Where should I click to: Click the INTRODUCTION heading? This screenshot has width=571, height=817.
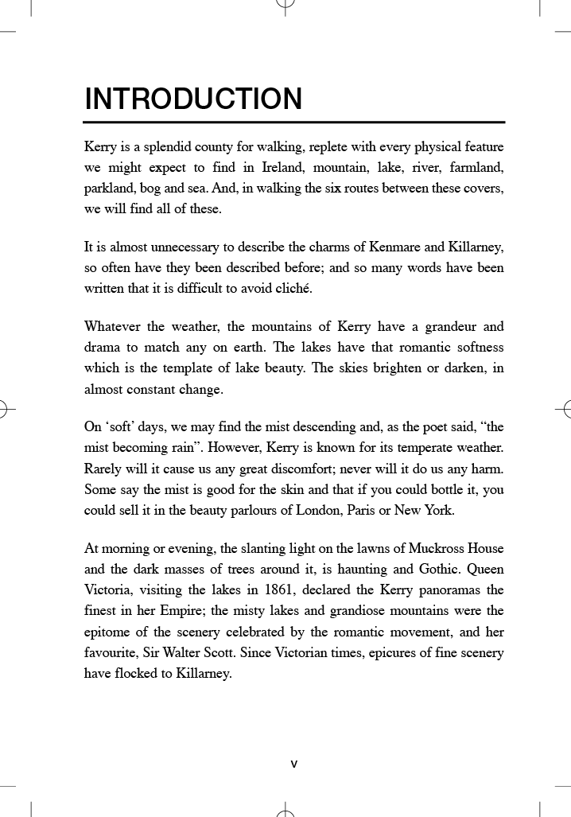click(x=193, y=99)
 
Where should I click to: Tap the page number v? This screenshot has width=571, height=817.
click(x=293, y=764)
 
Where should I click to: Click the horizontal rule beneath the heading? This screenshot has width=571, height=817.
click(x=294, y=123)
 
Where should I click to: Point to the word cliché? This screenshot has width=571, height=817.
click(x=291, y=288)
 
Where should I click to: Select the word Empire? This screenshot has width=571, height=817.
click(x=196, y=611)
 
